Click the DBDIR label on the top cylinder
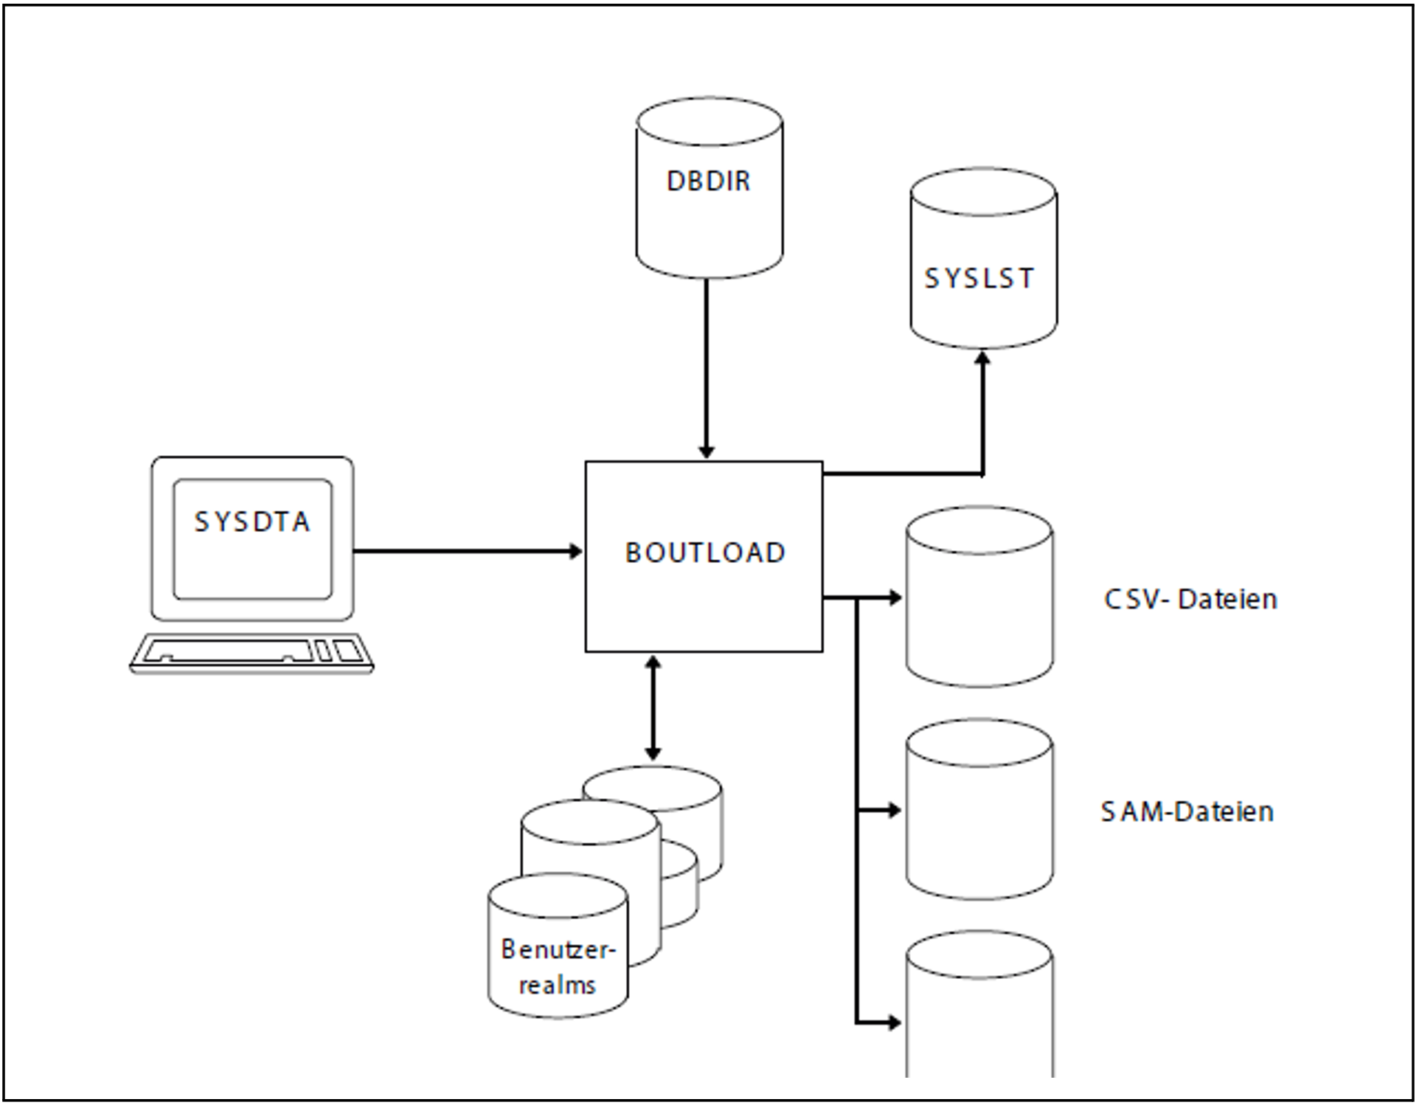708,181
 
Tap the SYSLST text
979,278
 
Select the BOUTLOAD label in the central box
705,552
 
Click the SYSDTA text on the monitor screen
252,522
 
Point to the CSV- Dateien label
1190,599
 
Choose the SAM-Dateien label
1187,811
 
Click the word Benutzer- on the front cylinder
558,949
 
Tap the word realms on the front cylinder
557,985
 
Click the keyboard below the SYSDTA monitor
251,653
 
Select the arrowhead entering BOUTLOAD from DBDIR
707,451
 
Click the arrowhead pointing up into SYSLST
982,359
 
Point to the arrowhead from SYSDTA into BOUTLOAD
575,551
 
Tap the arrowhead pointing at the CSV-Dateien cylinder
895,597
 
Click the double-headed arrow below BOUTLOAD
653,708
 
